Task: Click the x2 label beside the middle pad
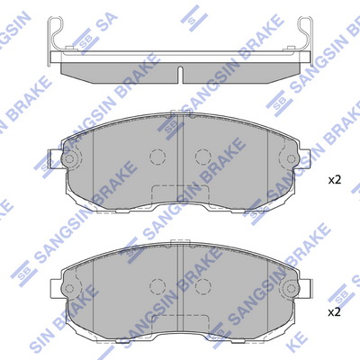(x=335, y=180)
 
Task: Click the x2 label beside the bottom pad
(x=335, y=312)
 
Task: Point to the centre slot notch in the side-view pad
(x=180, y=75)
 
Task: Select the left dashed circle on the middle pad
(x=157, y=157)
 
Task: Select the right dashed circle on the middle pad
(x=203, y=157)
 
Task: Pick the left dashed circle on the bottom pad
(x=157, y=286)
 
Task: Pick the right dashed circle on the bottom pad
(x=203, y=286)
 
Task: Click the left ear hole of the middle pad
(x=69, y=158)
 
